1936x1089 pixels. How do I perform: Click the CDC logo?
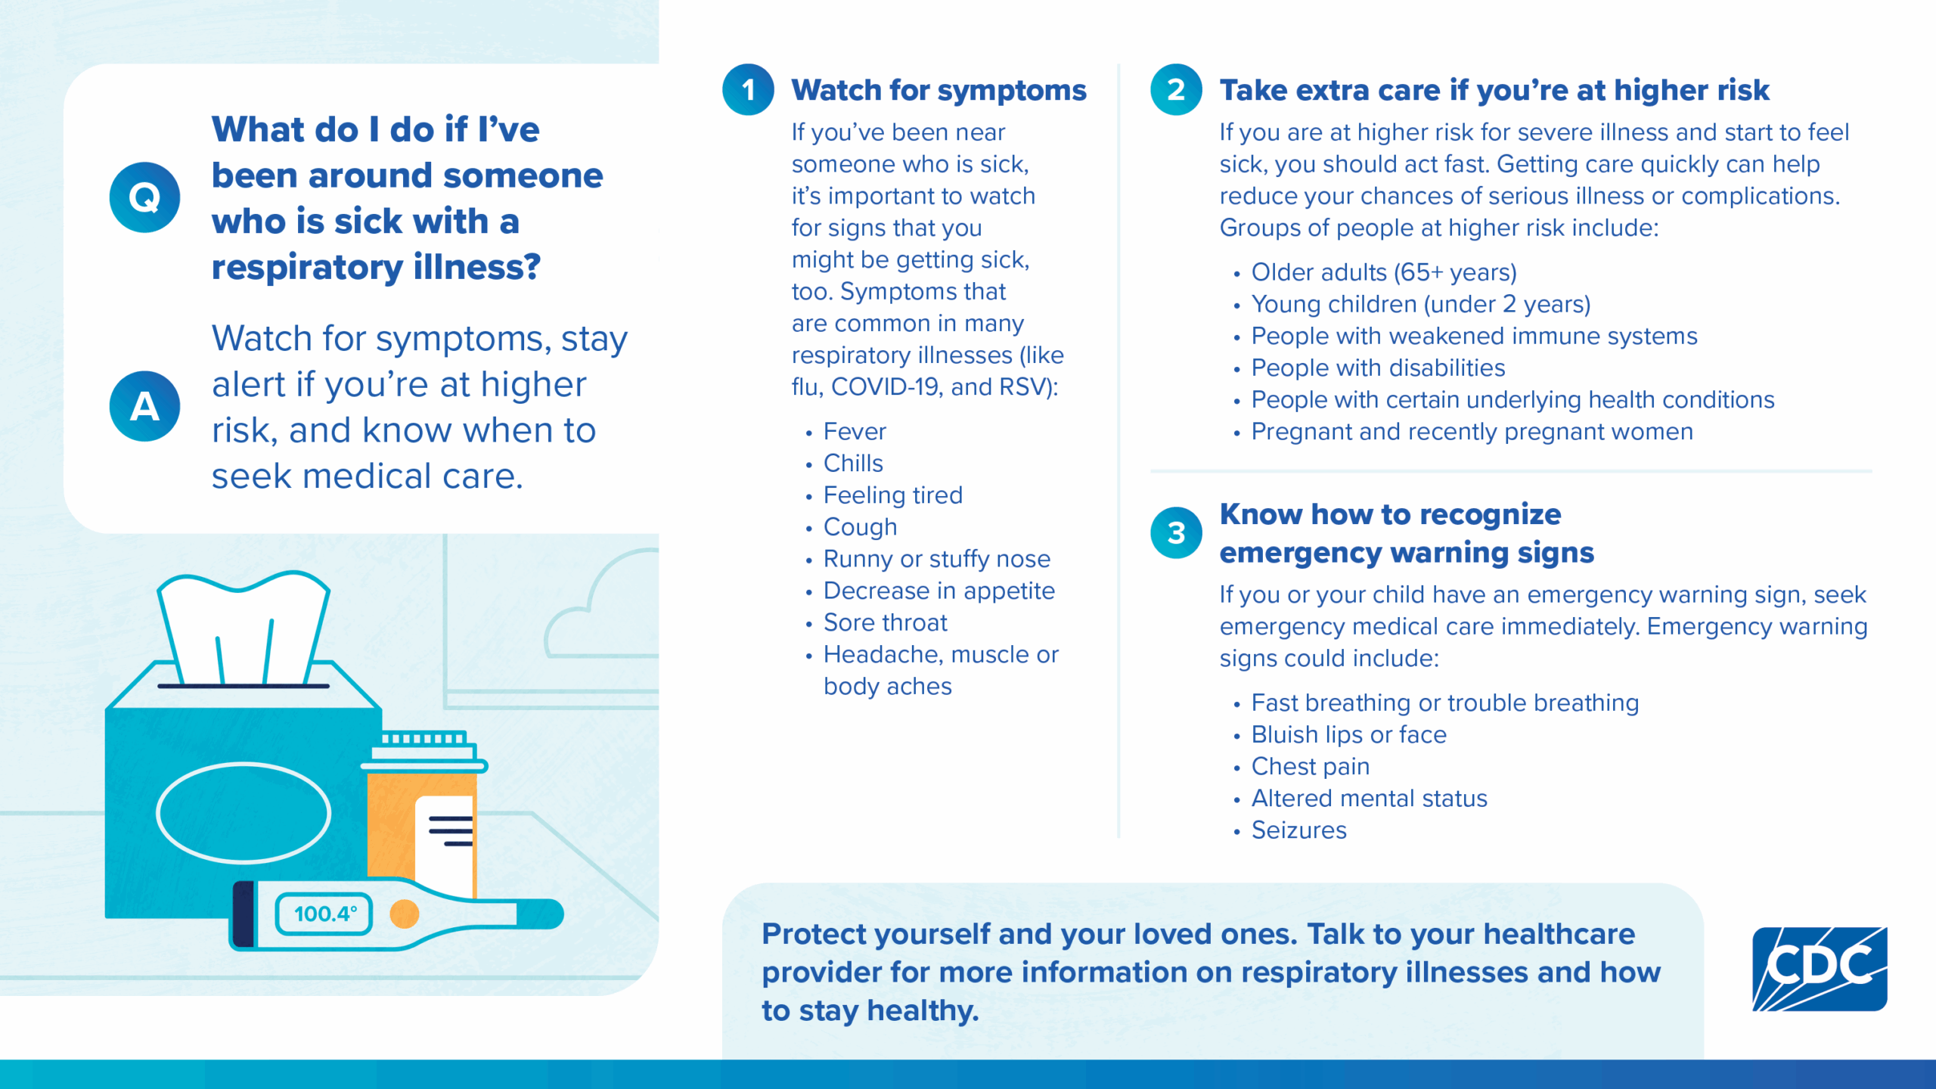1819,969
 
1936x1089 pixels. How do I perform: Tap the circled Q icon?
144,197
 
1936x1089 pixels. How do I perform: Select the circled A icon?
144,406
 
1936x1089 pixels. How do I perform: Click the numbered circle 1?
748,90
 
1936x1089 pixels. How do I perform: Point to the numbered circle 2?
1176,90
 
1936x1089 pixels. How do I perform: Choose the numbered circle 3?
1176,532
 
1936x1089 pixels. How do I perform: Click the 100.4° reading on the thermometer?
324,914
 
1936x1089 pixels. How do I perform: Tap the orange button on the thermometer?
404,914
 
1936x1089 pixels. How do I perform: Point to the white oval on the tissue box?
244,813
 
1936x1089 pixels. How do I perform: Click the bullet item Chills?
853,463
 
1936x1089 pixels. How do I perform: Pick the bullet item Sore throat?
885,622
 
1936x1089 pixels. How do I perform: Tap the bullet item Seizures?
1298,830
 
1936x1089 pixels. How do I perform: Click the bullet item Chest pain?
1310,766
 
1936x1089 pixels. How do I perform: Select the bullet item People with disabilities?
1378,368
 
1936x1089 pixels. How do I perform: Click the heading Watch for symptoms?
939,90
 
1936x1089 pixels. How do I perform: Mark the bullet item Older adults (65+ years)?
1384,272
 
